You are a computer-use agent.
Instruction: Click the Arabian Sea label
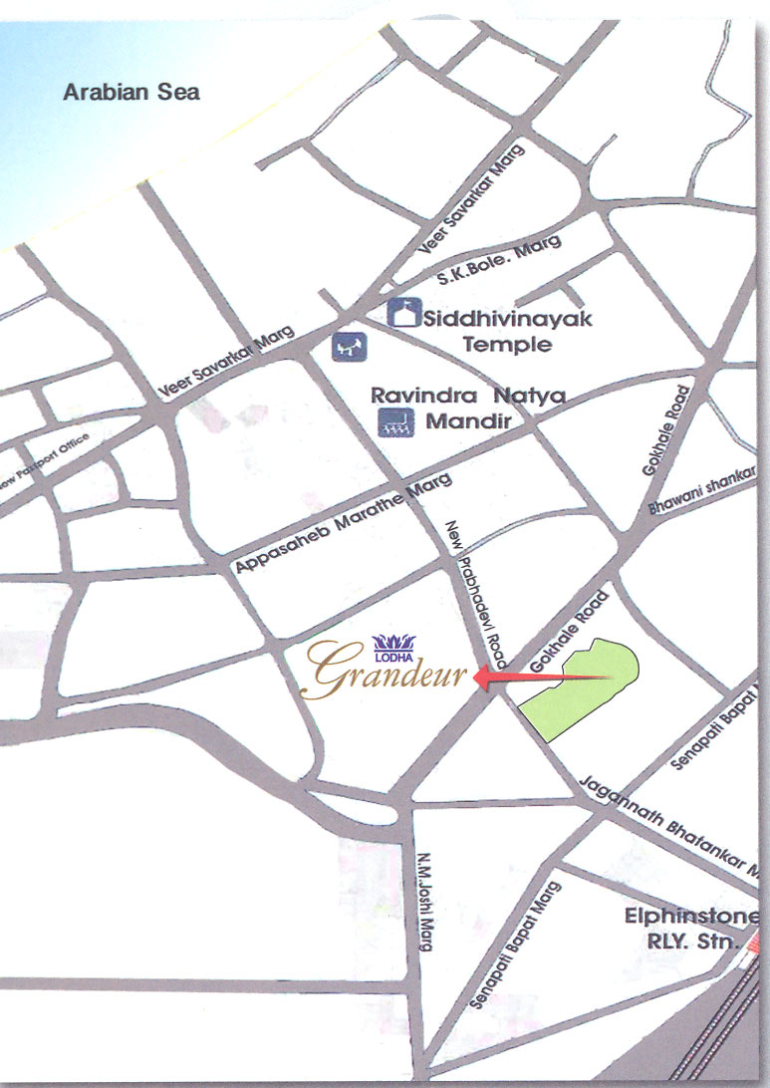click(x=131, y=93)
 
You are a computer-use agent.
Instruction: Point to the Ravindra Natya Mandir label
click(x=468, y=408)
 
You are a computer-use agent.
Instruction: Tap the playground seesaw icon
click(x=350, y=347)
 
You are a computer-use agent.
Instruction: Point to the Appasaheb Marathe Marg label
click(x=344, y=524)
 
